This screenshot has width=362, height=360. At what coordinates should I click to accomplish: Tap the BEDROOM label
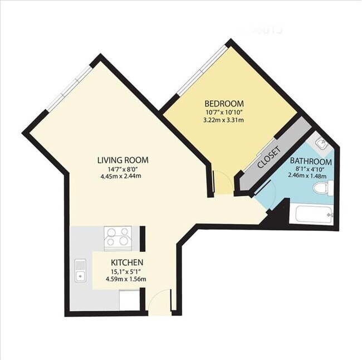pyautogui.click(x=224, y=103)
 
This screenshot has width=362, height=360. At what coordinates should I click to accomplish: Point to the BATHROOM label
pyautogui.click(x=311, y=162)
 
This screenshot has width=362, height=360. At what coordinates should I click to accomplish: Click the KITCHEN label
pyautogui.click(x=128, y=262)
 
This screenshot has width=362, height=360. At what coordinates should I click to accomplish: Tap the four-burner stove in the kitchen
pyautogui.click(x=118, y=237)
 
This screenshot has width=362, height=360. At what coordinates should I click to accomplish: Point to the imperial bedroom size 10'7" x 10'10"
pyautogui.click(x=224, y=112)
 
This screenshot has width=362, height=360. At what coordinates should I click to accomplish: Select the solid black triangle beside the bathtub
pyautogui.click(x=276, y=220)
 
